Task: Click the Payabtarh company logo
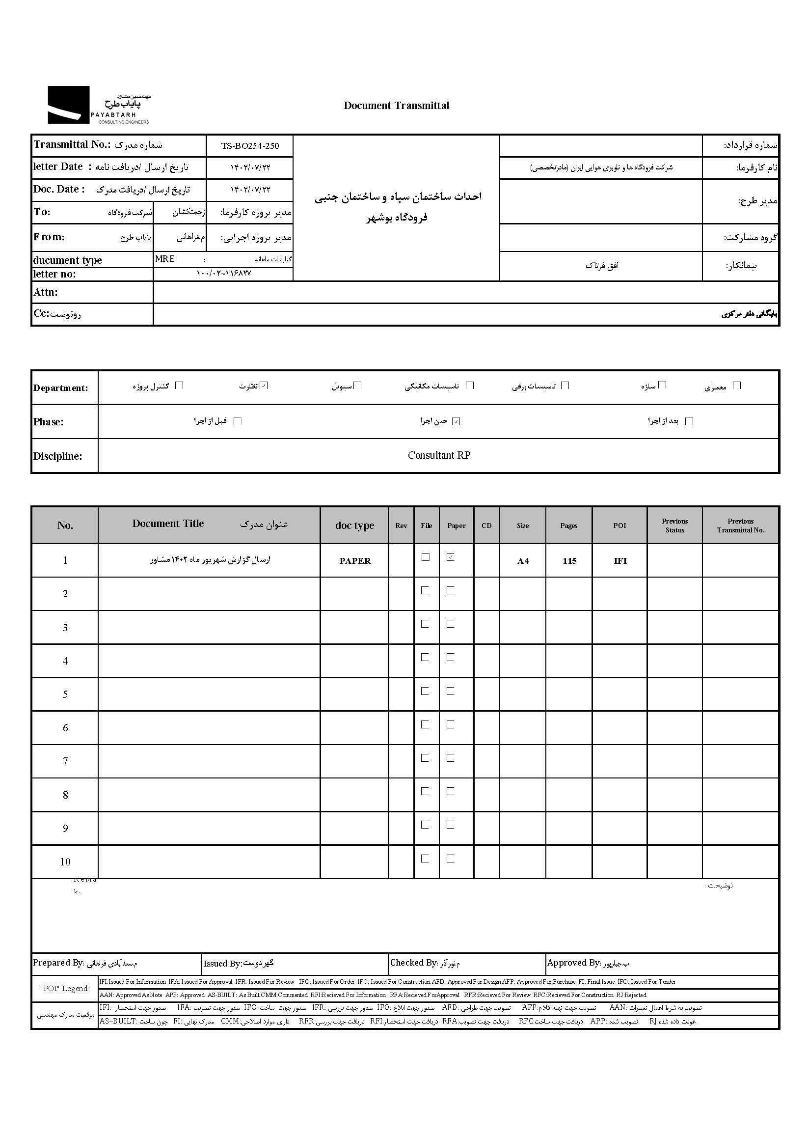tap(99, 105)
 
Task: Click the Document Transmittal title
tap(396, 106)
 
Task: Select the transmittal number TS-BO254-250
tap(250, 146)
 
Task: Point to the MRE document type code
tap(164, 259)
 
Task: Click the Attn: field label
tap(46, 292)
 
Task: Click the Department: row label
tap(60, 388)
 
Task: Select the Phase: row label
tap(48, 421)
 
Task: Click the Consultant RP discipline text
tap(438, 455)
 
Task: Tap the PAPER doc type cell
tap(355, 561)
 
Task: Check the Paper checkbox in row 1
tap(450, 557)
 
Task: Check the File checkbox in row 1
tap(426, 557)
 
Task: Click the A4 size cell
tap(522, 561)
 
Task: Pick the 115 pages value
tap(569, 561)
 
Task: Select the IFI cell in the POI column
tap(620, 561)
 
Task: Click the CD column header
tap(486, 526)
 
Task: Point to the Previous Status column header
tap(674, 526)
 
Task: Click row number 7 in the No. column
tap(65, 761)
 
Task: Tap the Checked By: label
tap(413, 963)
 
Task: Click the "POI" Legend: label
tap(65, 989)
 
